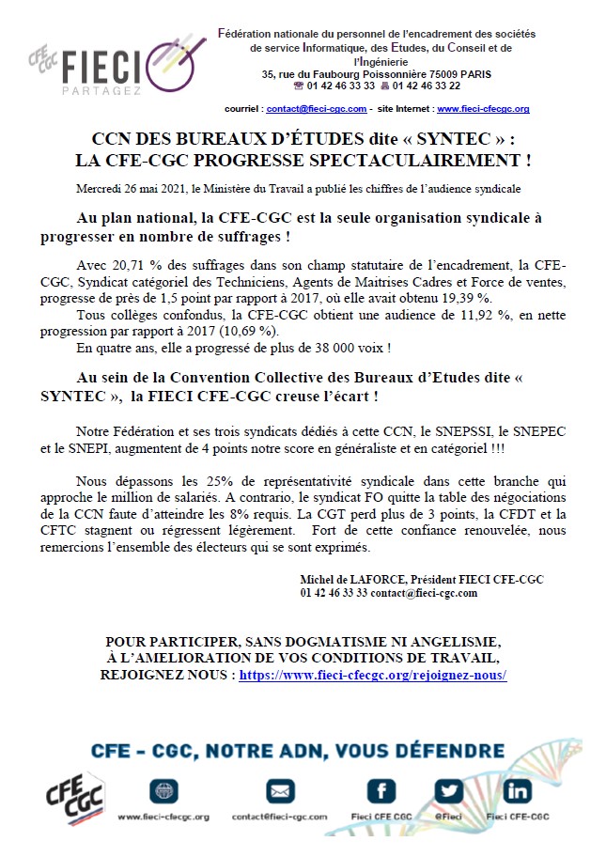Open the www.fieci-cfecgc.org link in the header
[x=483, y=109]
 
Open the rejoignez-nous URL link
[x=373, y=676]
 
